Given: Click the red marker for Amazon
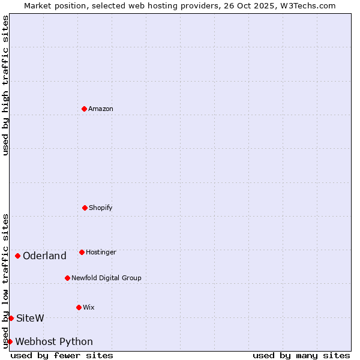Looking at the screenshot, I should coord(84,109).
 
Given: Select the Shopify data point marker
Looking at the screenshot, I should coord(85,208).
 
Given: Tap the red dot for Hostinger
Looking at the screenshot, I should coord(82,252).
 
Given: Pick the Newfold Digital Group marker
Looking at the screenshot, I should coord(67,278).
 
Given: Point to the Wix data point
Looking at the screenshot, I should coord(79,307).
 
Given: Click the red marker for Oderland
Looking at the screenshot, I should coord(17,256).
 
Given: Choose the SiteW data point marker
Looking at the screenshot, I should coord(11,318).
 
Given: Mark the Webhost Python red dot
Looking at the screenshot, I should coord(10,341).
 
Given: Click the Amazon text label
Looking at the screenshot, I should coord(101,109).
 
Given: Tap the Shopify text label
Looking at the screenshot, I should coord(101,208).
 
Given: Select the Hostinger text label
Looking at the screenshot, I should coord(101,252).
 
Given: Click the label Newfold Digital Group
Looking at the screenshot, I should coord(106,278).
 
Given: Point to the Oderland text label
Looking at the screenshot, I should coord(44,256).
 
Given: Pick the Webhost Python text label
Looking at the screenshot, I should coord(54,342).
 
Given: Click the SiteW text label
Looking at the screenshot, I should coord(30,318).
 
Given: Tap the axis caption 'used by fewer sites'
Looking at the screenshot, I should coord(62,355).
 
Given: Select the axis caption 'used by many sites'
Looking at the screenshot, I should coord(301,355).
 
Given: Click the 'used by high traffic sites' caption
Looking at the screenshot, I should coord(5,85).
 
